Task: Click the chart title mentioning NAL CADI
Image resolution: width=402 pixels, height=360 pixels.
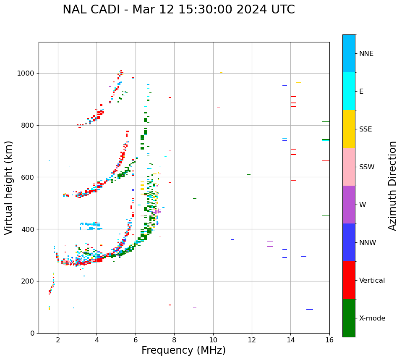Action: [x=179, y=10]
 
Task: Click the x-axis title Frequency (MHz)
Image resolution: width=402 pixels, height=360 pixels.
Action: [x=183, y=350]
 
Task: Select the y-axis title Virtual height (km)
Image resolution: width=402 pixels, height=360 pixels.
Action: [x=9, y=187]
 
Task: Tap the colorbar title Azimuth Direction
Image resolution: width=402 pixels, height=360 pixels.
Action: [x=392, y=186]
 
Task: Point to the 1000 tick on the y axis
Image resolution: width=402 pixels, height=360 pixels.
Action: [x=27, y=73]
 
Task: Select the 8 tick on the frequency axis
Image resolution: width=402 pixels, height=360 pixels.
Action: [x=174, y=339]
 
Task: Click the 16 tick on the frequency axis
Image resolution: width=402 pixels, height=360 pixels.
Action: [x=329, y=339]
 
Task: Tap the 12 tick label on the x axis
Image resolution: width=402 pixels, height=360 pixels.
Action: [x=252, y=339]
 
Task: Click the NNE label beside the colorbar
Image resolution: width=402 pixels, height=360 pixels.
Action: [x=366, y=54]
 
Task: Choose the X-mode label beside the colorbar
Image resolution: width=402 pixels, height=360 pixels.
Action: [x=372, y=318]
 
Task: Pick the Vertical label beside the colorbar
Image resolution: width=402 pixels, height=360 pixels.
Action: [x=372, y=281]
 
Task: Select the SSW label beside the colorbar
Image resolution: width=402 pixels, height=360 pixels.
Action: [x=367, y=167]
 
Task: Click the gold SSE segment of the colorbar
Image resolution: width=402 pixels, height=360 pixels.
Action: [x=349, y=129]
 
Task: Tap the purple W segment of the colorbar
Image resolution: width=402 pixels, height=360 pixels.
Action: [x=349, y=205]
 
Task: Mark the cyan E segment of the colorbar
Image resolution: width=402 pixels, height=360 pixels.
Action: [x=349, y=91]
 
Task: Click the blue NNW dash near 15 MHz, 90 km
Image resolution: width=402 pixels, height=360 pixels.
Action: [x=310, y=310]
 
